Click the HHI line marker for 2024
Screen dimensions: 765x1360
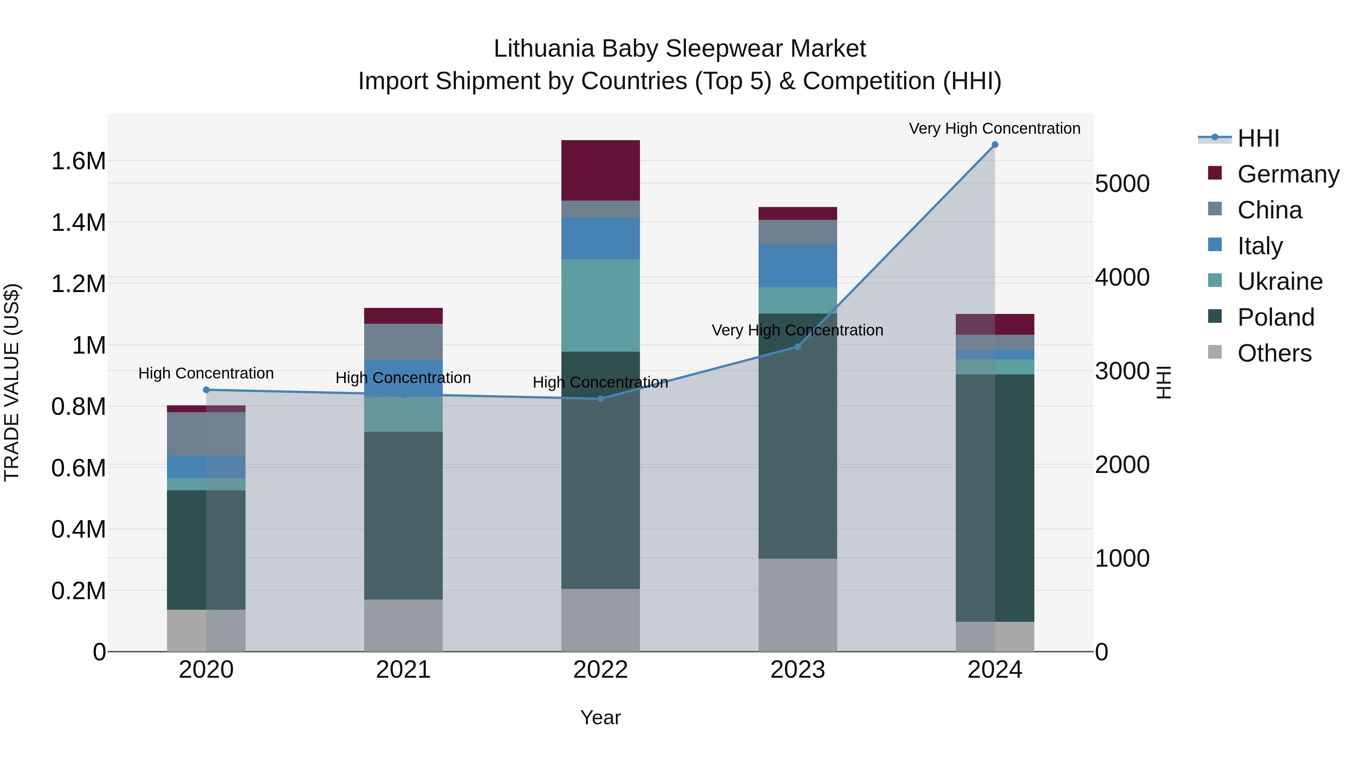coord(995,145)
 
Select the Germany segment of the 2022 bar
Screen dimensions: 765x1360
coord(600,170)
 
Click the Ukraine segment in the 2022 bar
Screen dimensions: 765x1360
coord(600,305)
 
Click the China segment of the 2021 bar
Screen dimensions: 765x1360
coord(403,342)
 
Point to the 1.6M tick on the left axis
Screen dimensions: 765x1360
coord(79,161)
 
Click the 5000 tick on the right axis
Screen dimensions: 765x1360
coord(1122,184)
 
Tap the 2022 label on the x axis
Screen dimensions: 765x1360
coord(600,670)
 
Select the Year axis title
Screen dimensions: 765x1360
coord(600,717)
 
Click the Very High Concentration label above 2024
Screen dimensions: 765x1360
coord(994,128)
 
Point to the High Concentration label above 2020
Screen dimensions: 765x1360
coord(206,373)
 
